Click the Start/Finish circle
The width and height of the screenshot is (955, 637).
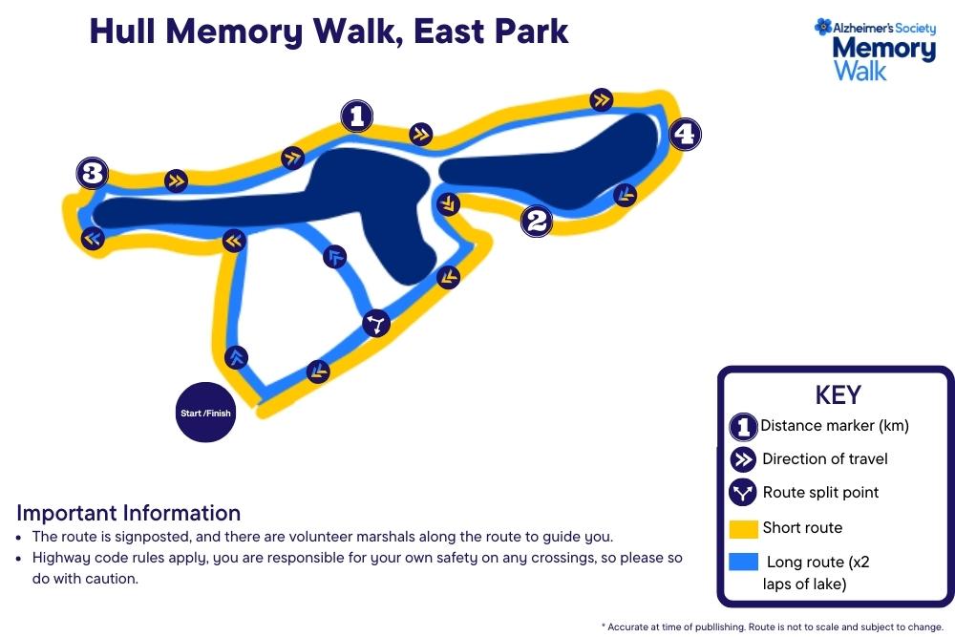coord(205,414)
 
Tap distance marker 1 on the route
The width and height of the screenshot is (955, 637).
coord(356,117)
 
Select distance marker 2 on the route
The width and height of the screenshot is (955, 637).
coord(536,222)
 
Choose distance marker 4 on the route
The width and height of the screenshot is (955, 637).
coord(684,135)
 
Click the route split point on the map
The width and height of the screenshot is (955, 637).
coord(377,325)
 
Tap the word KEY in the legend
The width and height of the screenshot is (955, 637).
coord(838,395)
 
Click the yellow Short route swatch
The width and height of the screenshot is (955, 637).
coord(743,528)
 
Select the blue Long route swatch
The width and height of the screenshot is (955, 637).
coord(743,562)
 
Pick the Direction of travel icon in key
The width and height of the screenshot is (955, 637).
coord(743,459)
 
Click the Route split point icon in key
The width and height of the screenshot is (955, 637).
coord(743,493)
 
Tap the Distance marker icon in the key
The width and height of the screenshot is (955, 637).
coord(743,427)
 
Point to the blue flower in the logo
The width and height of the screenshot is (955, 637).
coord(822,27)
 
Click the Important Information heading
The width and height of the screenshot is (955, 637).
coord(128,513)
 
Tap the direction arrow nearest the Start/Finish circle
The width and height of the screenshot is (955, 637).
coord(237,358)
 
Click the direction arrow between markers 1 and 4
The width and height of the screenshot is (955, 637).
coord(601,98)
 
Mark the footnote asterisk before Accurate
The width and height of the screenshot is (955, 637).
coord(604,626)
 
